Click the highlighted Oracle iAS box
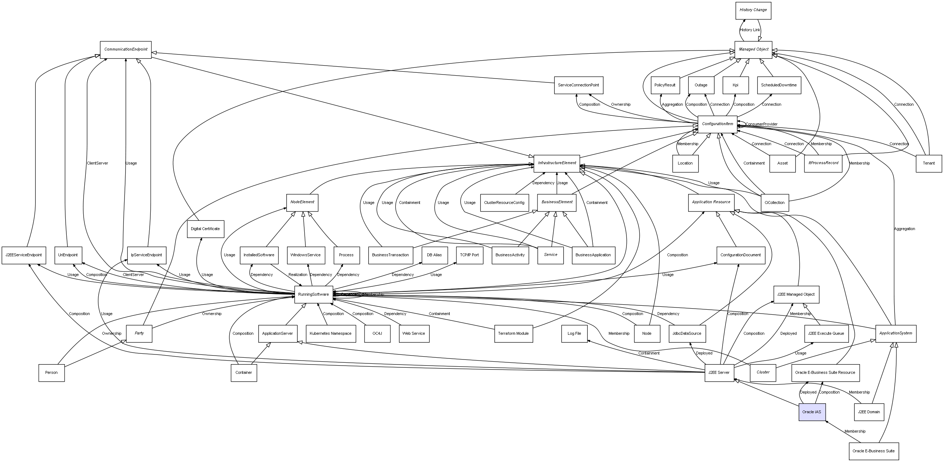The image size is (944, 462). [x=812, y=412]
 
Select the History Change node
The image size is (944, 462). [x=753, y=10]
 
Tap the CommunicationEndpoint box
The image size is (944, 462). [x=126, y=49]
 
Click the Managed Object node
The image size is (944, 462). [x=753, y=49]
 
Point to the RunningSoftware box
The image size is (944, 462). [x=313, y=294]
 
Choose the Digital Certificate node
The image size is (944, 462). [x=205, y=229]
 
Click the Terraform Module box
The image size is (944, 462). [x=513, y=333]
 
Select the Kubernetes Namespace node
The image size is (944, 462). [x=330, y=333]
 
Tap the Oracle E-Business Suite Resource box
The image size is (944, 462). [x=825, y=373]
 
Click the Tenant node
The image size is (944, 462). [x=929, y=163]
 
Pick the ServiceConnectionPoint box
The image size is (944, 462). [x=578, y=85]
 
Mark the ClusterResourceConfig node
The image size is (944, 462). [x=504, y=203]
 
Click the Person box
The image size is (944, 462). [x=51, y=373]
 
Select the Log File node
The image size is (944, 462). [x=574, y=333]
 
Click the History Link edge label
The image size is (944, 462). [x=750, y=30]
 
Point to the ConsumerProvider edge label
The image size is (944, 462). [x=761, y=124]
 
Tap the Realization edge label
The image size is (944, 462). [x=297, y=275]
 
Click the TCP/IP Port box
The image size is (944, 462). [x=469, y=255]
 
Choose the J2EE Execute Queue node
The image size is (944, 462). [x=826, y=333]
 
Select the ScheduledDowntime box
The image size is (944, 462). [x=779, y=85]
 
